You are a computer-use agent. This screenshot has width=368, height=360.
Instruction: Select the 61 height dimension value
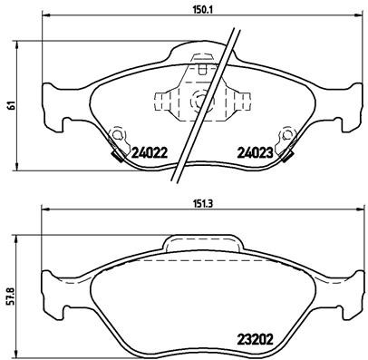tap(9, 105)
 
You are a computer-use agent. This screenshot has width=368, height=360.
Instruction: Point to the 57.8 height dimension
tap(9, 297)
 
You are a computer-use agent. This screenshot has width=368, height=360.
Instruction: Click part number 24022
tap(150, 154)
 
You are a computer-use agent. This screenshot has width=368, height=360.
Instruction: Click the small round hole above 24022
tap(116, 137)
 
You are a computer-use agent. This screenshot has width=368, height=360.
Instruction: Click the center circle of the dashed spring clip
tap(194, 100)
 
